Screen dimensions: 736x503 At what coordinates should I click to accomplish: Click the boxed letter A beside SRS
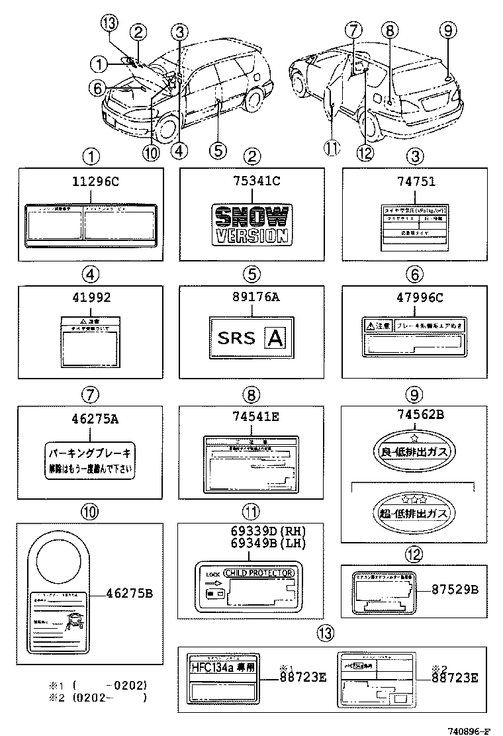[275, 338]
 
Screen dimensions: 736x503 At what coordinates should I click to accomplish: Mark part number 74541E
[252, 417]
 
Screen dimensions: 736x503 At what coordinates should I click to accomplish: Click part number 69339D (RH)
[252, 530]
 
